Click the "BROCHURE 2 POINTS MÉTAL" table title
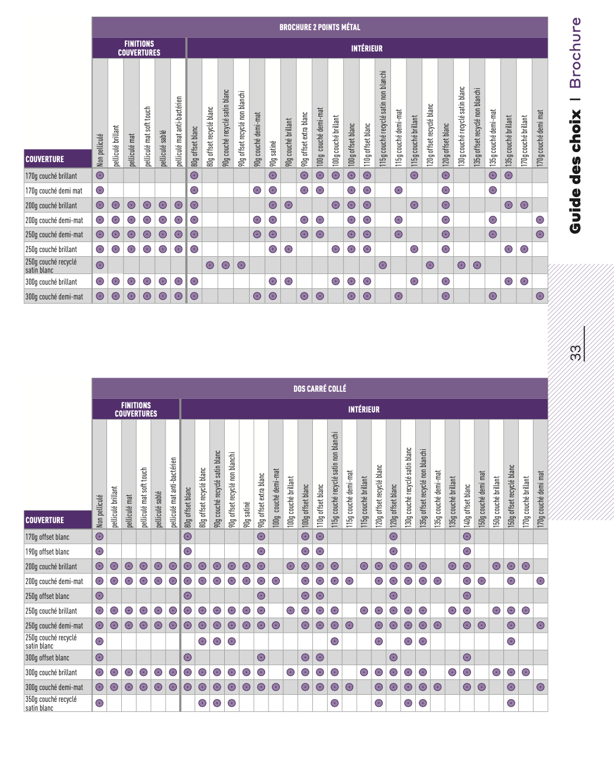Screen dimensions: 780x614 [319, 27]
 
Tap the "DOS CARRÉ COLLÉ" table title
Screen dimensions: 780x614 [319, 389]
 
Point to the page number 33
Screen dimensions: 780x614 [576, 353]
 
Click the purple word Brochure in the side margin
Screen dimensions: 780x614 [575, 53]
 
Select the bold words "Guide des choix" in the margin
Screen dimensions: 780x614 [575, 172]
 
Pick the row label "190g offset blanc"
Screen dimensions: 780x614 [47, 552]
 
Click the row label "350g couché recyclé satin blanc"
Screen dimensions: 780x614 [51, 703]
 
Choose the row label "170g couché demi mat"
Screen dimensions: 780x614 [54, 191]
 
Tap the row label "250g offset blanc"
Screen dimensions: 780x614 [47, 596]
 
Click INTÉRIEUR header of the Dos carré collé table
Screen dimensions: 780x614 [364, 410]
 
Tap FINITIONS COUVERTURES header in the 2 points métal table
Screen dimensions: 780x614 [139, 49]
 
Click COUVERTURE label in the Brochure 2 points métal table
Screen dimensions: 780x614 [45, 159]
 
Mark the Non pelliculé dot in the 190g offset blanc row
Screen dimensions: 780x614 [99, 552]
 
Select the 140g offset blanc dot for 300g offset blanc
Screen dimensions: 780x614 [467, 657]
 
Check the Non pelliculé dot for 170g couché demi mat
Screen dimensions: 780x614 [100, 191]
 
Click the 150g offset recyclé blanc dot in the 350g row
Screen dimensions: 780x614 [511, 703]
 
